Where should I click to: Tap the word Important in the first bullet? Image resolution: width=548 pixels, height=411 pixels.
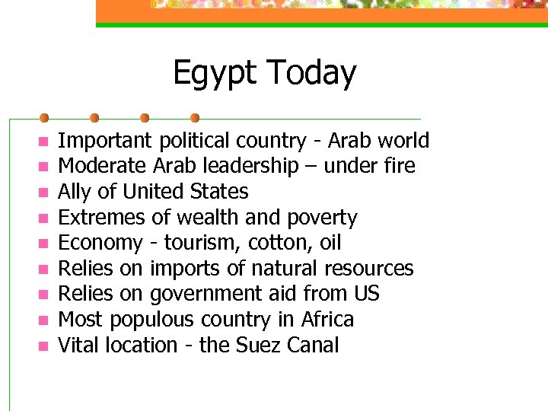coord(105,141)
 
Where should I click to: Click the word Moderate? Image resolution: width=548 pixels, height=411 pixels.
coord(103,166)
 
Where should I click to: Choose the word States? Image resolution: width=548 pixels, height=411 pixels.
coord(218,192)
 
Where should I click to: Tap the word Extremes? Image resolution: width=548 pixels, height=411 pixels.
coord(101,218)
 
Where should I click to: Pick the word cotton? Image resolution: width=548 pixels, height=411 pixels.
coord(262,243)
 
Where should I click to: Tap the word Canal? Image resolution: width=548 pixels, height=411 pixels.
coord(314,346)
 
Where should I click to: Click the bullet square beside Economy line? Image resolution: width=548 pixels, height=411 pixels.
coord(43,244)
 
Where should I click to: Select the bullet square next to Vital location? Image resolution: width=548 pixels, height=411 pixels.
coord(43,346)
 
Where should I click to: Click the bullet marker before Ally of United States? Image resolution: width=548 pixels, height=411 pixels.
coord(43,193)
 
